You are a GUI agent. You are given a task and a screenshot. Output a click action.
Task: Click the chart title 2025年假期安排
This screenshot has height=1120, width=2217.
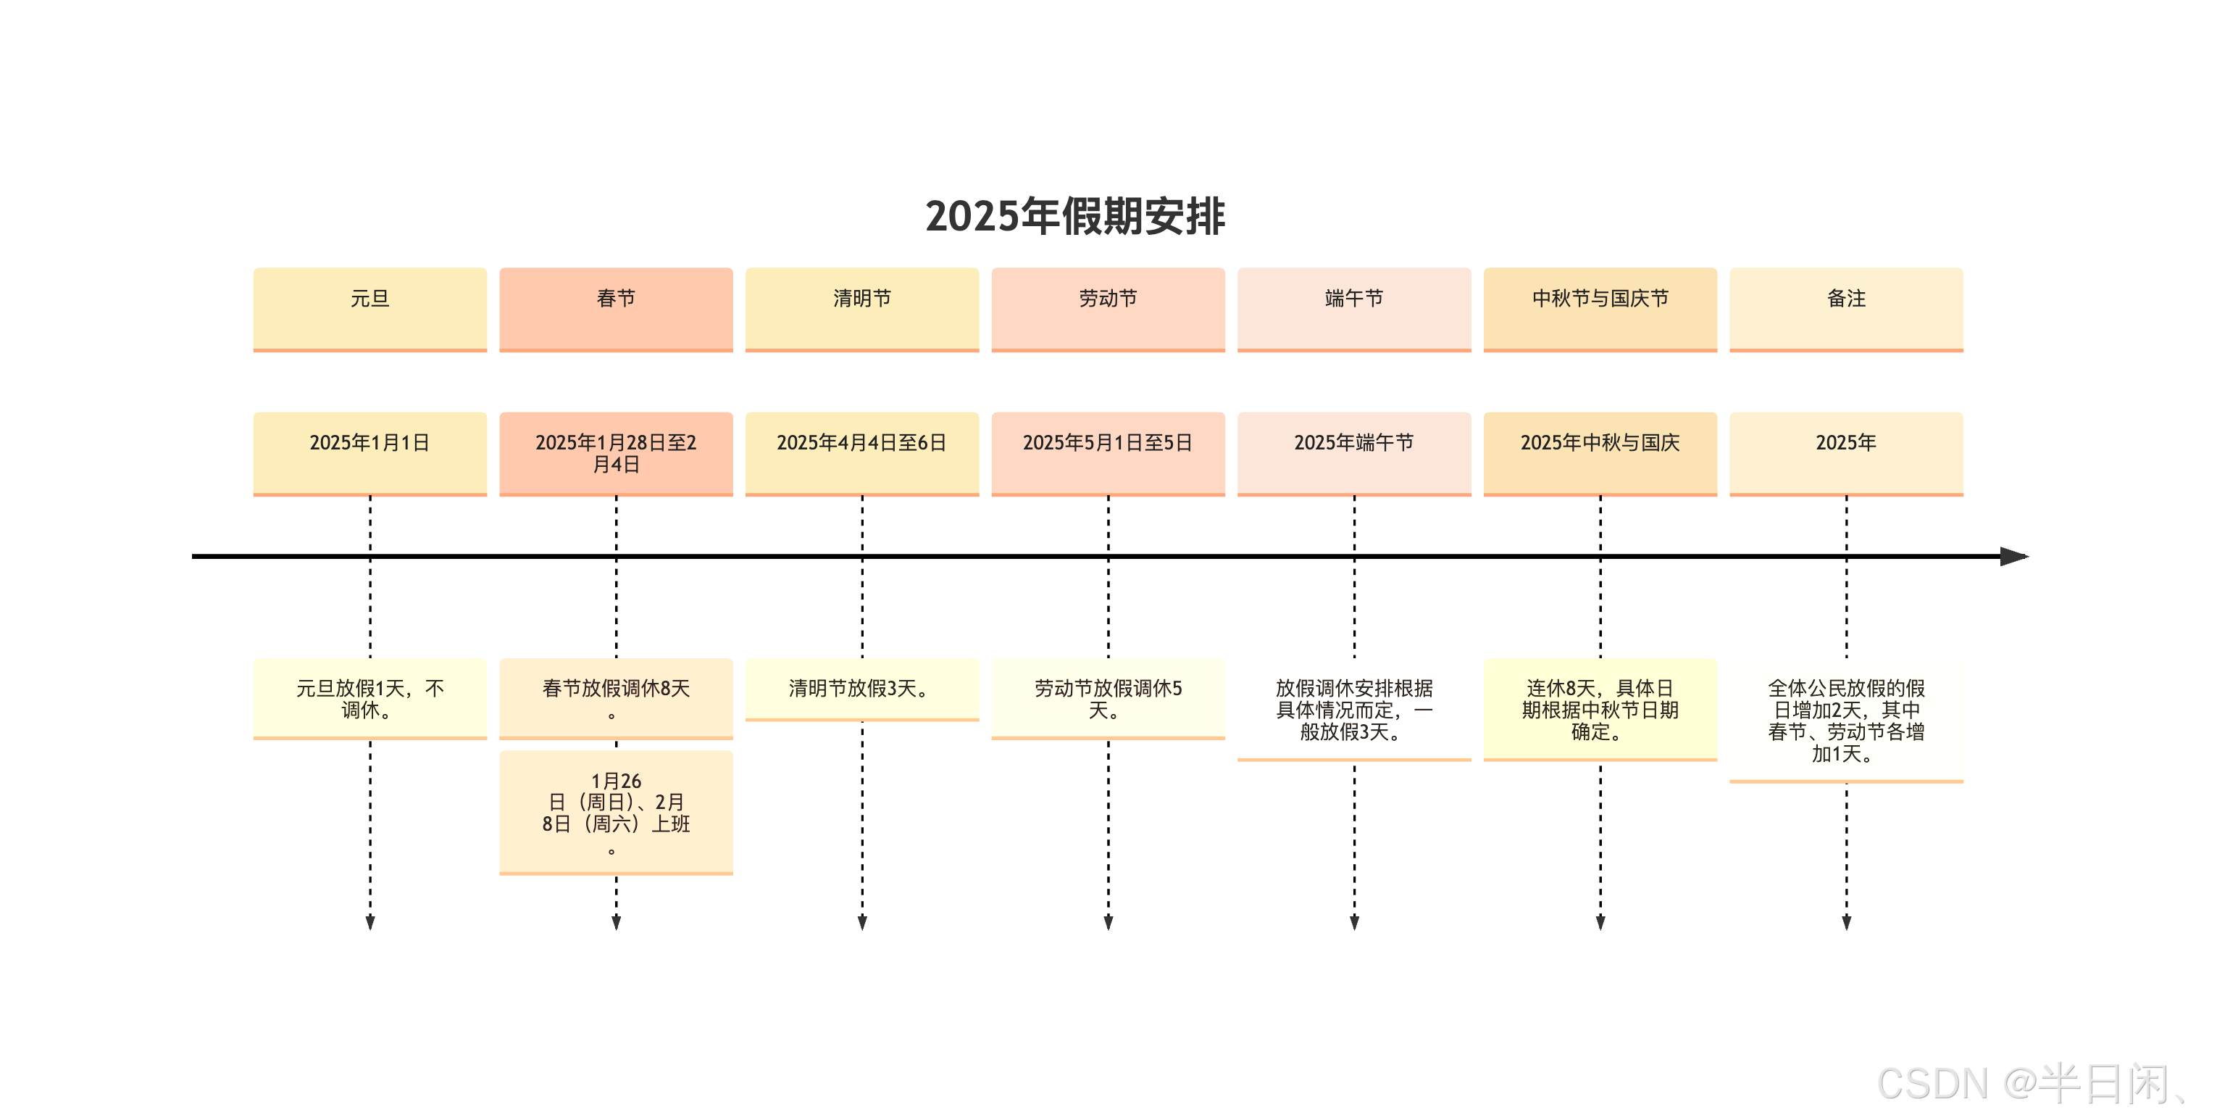click(x=1075, y=216)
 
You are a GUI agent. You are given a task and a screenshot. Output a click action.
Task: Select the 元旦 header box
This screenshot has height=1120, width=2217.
click(x=370, y=308)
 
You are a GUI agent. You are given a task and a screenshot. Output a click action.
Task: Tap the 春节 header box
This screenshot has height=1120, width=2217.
click(x=617, y=308)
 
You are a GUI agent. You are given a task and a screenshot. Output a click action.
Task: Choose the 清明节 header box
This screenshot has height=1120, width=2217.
click(x=861, y=308)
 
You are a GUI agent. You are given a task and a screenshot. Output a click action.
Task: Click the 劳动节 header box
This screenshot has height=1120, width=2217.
click(x=1108, y=308)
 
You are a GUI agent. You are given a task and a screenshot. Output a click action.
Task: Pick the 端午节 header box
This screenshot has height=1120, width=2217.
click(x=1354, y=308)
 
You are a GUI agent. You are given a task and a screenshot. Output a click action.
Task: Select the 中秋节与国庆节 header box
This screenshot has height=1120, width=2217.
click(x=1600, y=308)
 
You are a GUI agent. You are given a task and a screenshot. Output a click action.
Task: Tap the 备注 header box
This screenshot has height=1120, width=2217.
click(x=1846, y=308)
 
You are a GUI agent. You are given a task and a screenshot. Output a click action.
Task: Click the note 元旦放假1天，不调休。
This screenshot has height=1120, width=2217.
click(x=370, y=698)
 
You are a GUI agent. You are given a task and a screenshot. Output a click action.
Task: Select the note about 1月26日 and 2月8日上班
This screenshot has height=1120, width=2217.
click(x=617, y=812)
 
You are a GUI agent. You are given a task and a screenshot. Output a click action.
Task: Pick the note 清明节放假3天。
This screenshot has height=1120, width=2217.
click(x=861, y=689)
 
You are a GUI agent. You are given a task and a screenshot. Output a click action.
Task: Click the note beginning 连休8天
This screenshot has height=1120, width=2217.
click(x=1600, y=710)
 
